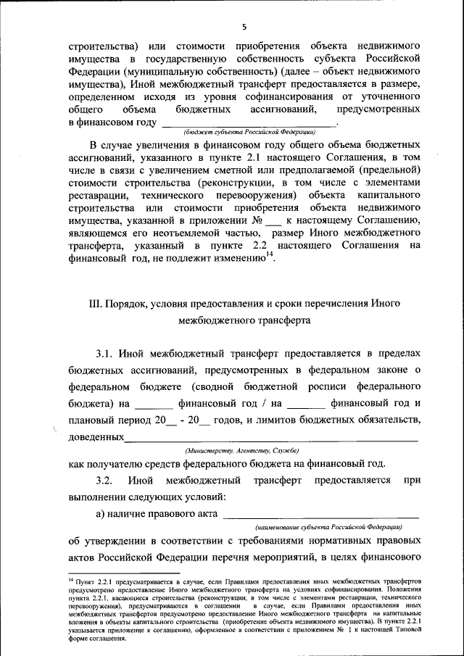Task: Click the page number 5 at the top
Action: (244, 27)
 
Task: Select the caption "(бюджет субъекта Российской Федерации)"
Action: (249, 133)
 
